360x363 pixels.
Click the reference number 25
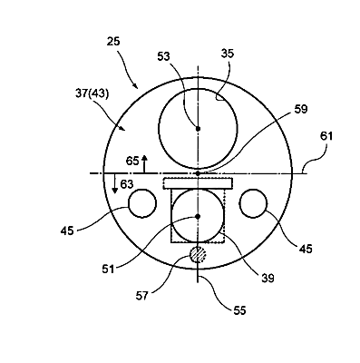tap(113, 41)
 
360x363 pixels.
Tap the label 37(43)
tap(92, 93)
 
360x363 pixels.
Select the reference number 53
tap(163, 56)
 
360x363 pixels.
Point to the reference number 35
tap(228, 54)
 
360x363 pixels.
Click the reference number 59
tap(301, 109)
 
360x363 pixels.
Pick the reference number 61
tap(326, 136)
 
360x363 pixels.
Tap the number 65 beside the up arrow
tap(132, 161)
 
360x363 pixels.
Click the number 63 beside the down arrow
tap(127, 183)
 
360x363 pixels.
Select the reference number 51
tap(108, 269)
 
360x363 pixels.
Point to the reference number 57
tap(142, 296)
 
